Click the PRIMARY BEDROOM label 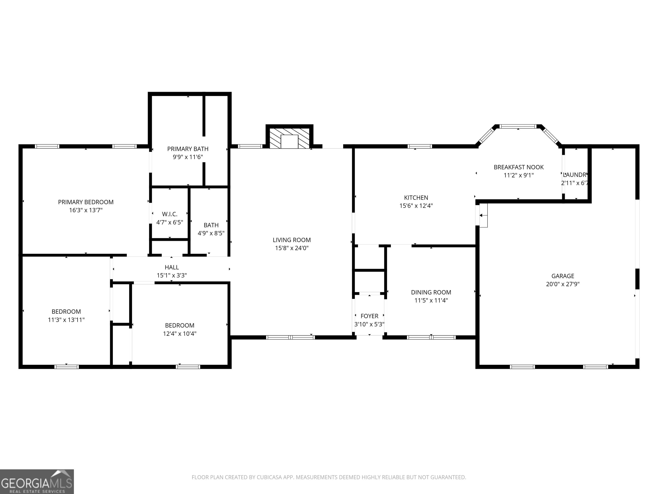click(x=86, y=202)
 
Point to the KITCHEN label click(x=416, y=198)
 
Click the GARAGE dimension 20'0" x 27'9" click(x=562, y=284)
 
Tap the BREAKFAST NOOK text click(x=519, y=167)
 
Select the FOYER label click(x=369, y=316)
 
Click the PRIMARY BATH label click(x=188, y=149)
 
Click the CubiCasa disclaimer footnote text click(x=329, y=477)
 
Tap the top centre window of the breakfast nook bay click(x=518, y=127)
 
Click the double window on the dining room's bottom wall click(x=431, y=337)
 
